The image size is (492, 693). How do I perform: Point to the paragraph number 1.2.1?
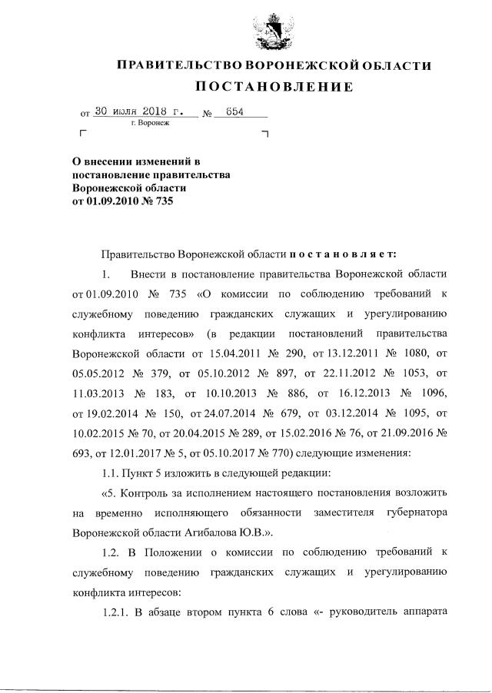tap(118, 611)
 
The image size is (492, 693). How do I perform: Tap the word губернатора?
tap(414, 511)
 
